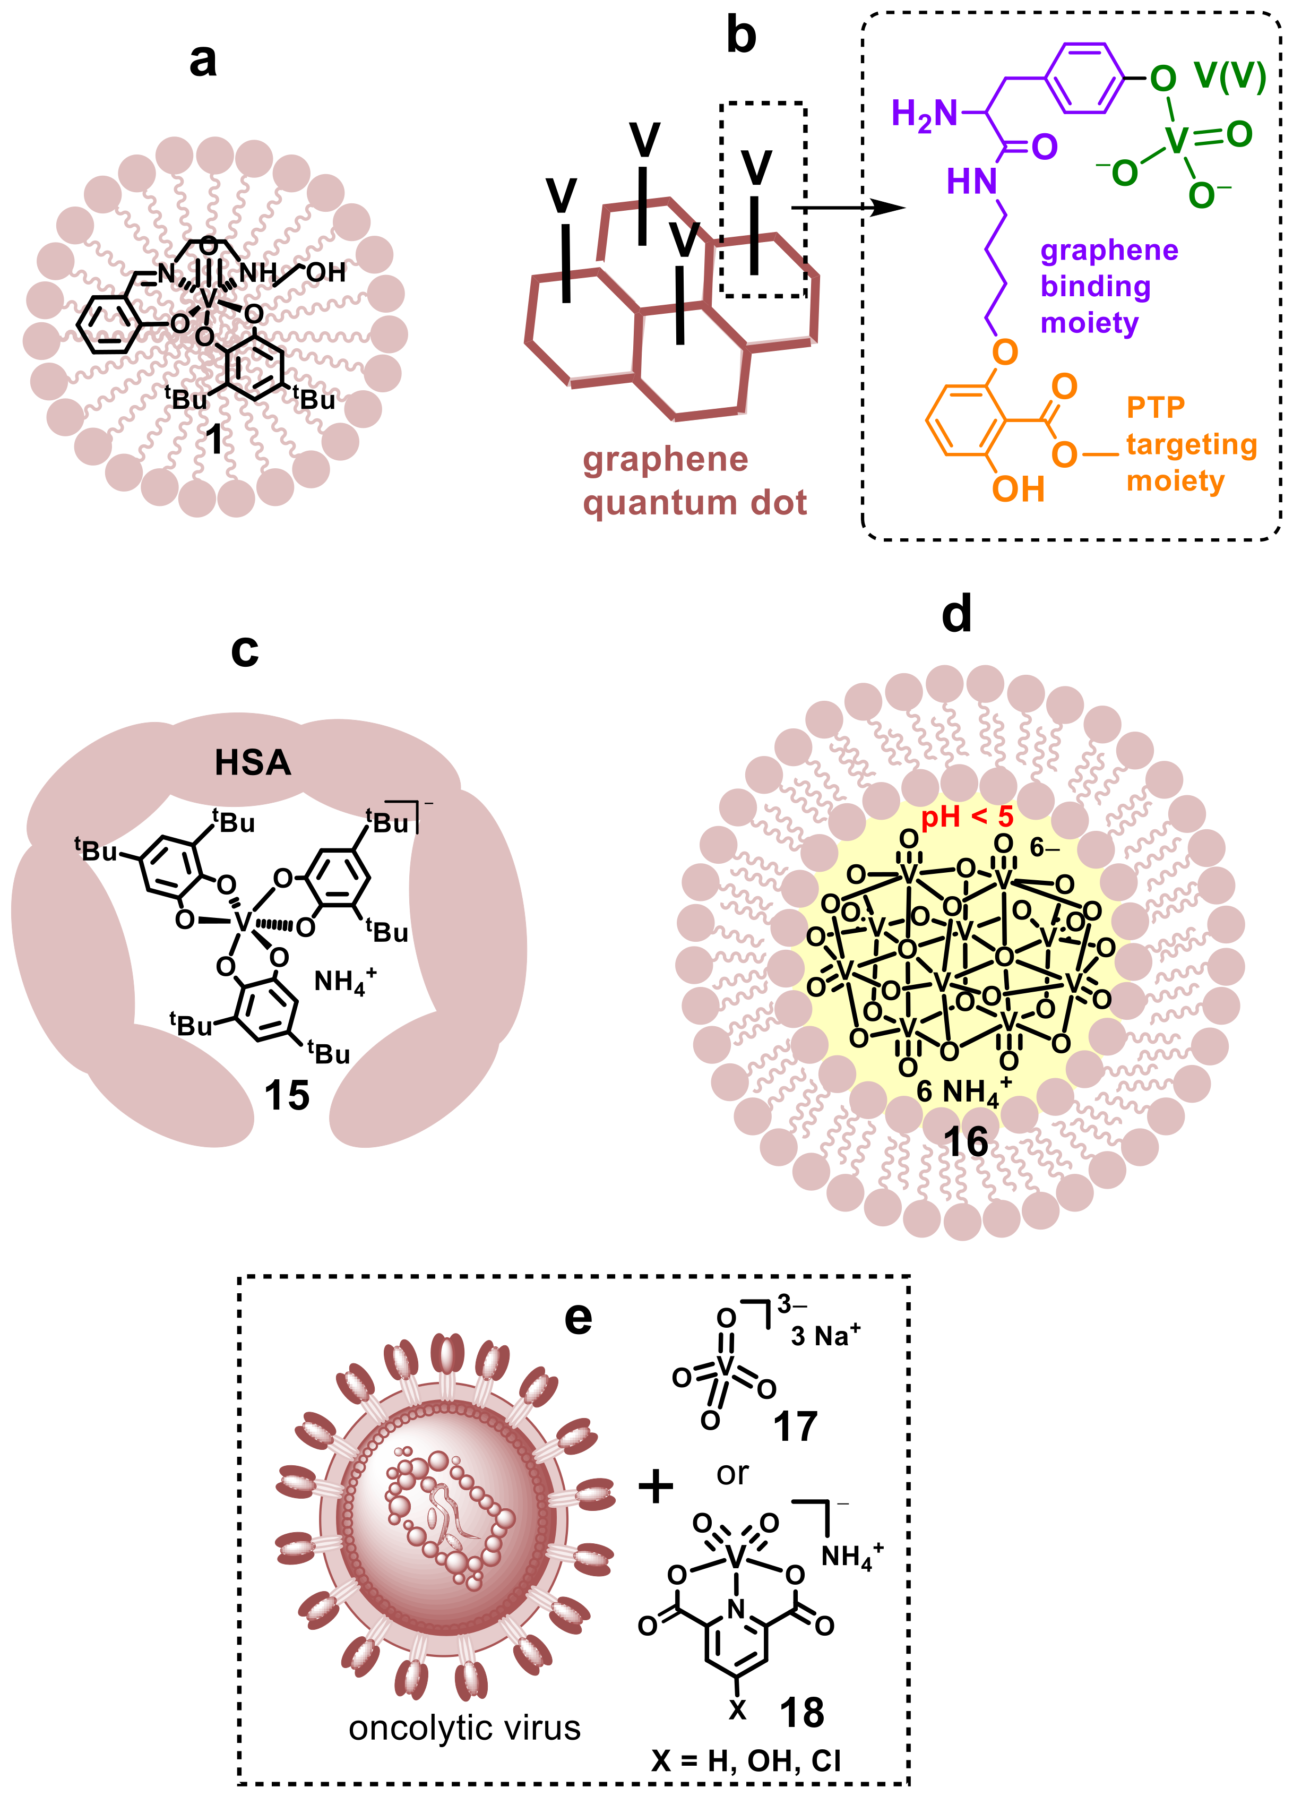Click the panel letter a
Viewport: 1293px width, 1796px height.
[203, 61]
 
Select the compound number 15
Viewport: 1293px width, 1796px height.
[286, 1096]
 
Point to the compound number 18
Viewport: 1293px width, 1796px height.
[801, 1712]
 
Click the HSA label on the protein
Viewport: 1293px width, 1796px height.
[253, 762]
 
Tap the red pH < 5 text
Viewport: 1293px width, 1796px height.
[967, 817]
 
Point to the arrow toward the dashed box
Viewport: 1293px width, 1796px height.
[847, 208]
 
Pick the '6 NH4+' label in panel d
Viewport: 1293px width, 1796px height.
[961, 1092]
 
